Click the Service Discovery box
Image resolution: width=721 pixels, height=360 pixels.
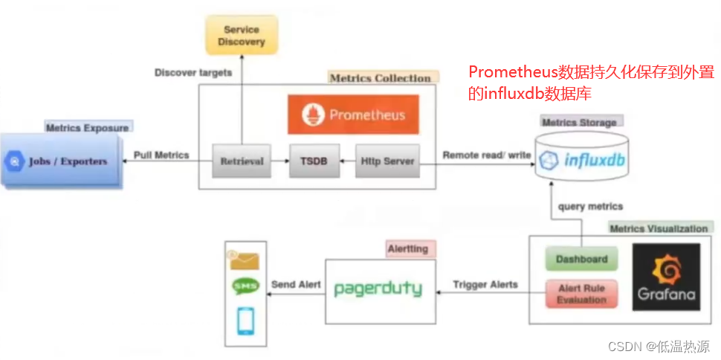pos(242,36)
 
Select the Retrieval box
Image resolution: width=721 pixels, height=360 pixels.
pos(242,161)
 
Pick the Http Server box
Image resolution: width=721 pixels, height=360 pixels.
pos(387,161)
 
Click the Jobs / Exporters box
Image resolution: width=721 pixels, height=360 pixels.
pos(62,161)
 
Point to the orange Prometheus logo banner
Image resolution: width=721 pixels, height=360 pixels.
pos(353,115)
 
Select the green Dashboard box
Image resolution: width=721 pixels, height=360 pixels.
pos(581,260)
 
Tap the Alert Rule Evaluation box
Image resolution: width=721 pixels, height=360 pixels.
pos(581,294)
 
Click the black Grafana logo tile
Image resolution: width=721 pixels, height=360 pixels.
pos(666,277)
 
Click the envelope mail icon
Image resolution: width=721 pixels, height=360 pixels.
pos(245,260)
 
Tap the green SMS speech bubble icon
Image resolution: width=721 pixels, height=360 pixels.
pos(245,286)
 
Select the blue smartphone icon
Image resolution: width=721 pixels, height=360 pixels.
pos(245,320)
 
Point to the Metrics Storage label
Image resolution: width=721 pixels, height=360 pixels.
pos(579,122)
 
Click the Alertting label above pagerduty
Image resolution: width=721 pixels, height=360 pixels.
pos(409,249)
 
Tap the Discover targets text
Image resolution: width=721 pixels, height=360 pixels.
pos(193,73)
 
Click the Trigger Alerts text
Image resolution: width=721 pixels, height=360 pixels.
pos(485,284)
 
